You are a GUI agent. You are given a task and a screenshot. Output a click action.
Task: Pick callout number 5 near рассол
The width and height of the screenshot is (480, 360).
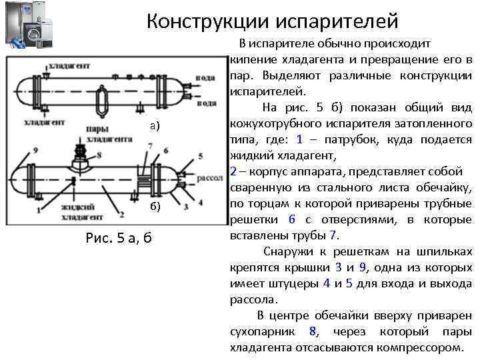coord(200,157)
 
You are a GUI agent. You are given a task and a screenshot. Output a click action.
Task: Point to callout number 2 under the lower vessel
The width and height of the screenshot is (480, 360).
coord(121,214)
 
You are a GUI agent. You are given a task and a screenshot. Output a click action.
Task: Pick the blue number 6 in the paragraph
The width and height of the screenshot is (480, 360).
coord(291,220)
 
